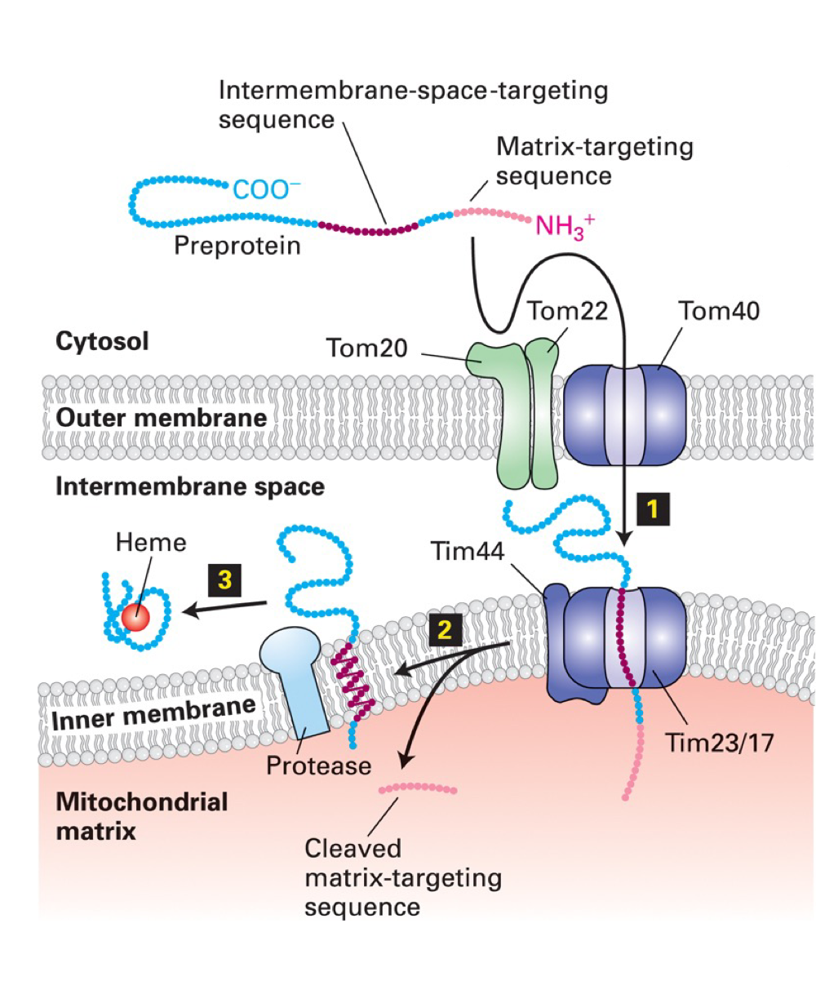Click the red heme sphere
[137, 618]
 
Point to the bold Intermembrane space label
[189, 487]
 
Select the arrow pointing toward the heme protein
[224, 608]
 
